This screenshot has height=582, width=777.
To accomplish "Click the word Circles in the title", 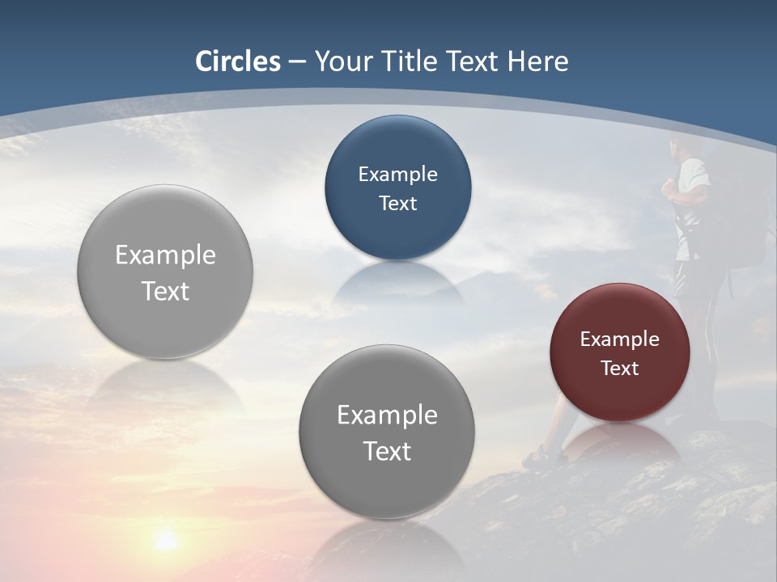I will pos(238,61).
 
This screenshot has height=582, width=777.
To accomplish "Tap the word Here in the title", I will pos(537,61).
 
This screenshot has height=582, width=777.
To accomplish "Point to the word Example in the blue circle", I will pos(397,174).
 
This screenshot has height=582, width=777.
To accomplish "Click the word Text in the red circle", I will pos(620,368).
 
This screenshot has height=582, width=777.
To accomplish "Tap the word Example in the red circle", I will pos(620,339).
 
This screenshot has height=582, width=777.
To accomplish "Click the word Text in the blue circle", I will pos(397,203).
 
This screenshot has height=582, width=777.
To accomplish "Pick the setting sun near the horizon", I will pos(166,539).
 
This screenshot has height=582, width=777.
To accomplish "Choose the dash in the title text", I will pos(297,62).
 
